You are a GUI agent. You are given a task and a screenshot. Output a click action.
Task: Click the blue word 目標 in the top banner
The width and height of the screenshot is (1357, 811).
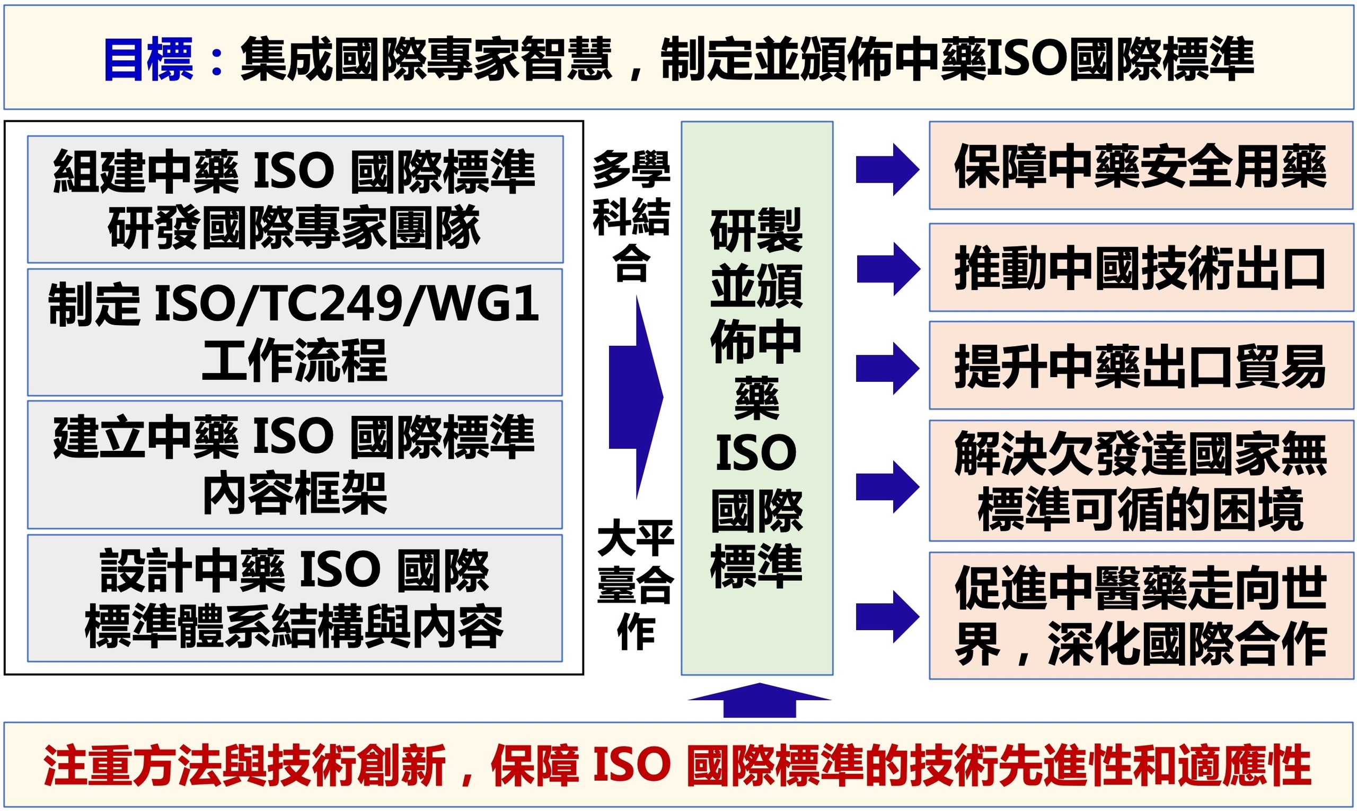[148, 59]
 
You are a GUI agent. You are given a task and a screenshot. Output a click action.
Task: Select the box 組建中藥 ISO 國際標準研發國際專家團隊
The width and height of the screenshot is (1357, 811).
[295, 199]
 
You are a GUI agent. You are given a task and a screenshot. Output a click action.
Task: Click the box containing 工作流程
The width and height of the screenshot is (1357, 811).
[295, 332]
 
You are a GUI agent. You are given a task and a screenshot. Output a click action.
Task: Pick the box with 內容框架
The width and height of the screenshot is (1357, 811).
[295, 465]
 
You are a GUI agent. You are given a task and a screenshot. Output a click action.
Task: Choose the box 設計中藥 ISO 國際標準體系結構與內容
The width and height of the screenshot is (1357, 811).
[295, 598]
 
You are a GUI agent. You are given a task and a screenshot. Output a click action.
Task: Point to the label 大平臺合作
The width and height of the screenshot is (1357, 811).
[635, 584]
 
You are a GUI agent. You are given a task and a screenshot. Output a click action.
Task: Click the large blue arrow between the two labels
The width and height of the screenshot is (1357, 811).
[636, 397]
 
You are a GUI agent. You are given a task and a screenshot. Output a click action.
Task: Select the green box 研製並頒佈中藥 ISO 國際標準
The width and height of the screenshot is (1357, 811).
[757, 398]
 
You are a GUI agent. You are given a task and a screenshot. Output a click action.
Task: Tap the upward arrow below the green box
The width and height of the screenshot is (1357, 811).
[760, 700]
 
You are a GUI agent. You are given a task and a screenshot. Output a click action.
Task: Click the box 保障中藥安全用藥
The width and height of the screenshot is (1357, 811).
[1141, 165]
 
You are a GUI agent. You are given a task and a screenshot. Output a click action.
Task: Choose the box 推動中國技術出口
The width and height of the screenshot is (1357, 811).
[1141, 267]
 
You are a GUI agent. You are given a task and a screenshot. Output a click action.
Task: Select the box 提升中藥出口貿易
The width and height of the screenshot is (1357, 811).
[1141, 365]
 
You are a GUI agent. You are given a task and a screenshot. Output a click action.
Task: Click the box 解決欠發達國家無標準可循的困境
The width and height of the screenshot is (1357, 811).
[1141, 481]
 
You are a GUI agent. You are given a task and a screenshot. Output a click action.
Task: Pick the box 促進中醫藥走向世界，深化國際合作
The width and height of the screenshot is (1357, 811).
[1141, 616]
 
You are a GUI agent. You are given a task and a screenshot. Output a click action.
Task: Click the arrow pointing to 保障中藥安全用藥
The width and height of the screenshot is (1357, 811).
[888, 169]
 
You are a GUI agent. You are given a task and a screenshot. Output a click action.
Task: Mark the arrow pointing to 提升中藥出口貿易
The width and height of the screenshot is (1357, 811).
[888, 368]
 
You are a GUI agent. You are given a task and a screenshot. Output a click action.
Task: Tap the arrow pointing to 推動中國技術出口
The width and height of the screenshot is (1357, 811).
[888, 269]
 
